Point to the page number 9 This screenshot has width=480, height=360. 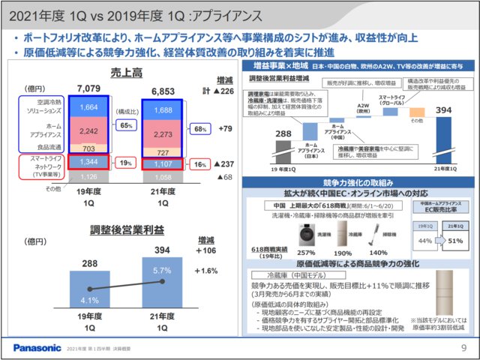(463, 348)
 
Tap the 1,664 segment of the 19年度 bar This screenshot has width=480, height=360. (89, 107)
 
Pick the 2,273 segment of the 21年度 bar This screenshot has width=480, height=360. (166, 134)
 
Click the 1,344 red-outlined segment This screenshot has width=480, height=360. (89, 162)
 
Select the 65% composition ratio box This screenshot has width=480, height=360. (125, 126)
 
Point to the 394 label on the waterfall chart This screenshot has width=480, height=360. (442, 111)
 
